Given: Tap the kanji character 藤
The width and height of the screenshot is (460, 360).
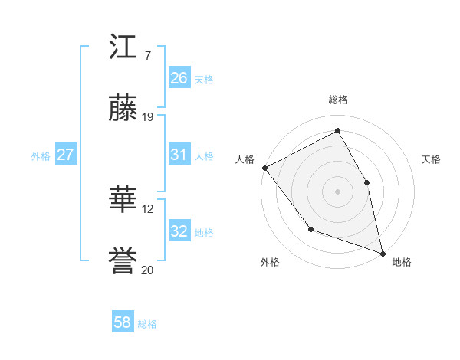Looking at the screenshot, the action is tap(123, 110).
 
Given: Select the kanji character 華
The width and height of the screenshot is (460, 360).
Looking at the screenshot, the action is tap(123, 201).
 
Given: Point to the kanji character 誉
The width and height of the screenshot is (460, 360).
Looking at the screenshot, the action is tap(123, 263).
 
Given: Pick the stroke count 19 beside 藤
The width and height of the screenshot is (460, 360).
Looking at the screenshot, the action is tap(148, 117).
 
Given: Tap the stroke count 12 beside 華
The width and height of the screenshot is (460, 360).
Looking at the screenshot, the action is tap(148, 208).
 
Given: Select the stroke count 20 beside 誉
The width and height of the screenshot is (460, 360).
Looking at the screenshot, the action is tap(148, 270).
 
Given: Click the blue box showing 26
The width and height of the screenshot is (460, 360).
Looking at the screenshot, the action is tap(179, 78).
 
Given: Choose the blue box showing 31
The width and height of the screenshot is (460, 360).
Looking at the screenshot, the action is tap(179, 155).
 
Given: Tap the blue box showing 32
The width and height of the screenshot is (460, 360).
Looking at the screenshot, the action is tap(179, 232).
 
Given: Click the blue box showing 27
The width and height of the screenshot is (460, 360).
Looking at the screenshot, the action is tap(65, 155).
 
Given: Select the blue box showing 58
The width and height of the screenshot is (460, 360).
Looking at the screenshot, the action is tap(122, 323).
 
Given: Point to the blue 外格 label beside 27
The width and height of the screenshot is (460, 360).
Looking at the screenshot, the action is tap(41, 155).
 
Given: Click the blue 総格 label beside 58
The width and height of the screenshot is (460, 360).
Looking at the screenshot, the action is tap(148, 324).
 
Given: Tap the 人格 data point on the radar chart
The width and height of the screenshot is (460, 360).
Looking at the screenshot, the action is tap(264, 168).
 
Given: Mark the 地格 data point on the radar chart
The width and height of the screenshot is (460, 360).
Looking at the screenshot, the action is tap(382, 252).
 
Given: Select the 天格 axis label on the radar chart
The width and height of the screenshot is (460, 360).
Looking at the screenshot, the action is tap(432, 159).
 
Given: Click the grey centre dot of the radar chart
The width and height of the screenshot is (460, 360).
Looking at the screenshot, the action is tap(337, 191).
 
